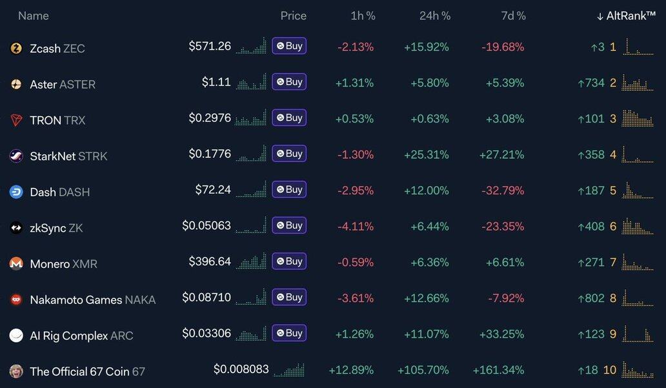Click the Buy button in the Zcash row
click(289, 46)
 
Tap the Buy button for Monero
click(289, 261)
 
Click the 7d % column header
click(512, 15)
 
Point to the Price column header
click(294, 15)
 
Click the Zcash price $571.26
click(210, 46)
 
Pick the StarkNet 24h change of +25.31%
click(427, 154)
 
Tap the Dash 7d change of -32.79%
click(503, 190)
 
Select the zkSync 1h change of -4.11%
click(356, 227)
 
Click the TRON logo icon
click(16, 120)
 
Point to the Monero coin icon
click(16, 263)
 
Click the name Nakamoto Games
click(76, 300)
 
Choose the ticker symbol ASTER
click(77, 84)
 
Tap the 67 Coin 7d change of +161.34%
click(499, 370)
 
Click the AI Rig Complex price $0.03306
click(207, 334)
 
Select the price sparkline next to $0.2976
click(251, 118)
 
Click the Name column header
click(34, 15)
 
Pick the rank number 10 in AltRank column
click(610, 370)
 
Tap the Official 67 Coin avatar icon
click(16, 371)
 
